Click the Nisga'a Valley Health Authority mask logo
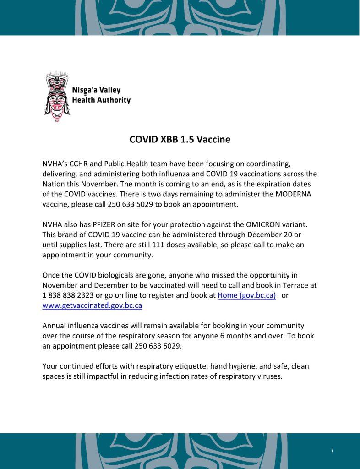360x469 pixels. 55,96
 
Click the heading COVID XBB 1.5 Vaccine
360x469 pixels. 180,140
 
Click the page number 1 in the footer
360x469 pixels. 332,452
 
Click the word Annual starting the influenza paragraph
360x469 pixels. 55,326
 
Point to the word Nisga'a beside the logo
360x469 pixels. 84,90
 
